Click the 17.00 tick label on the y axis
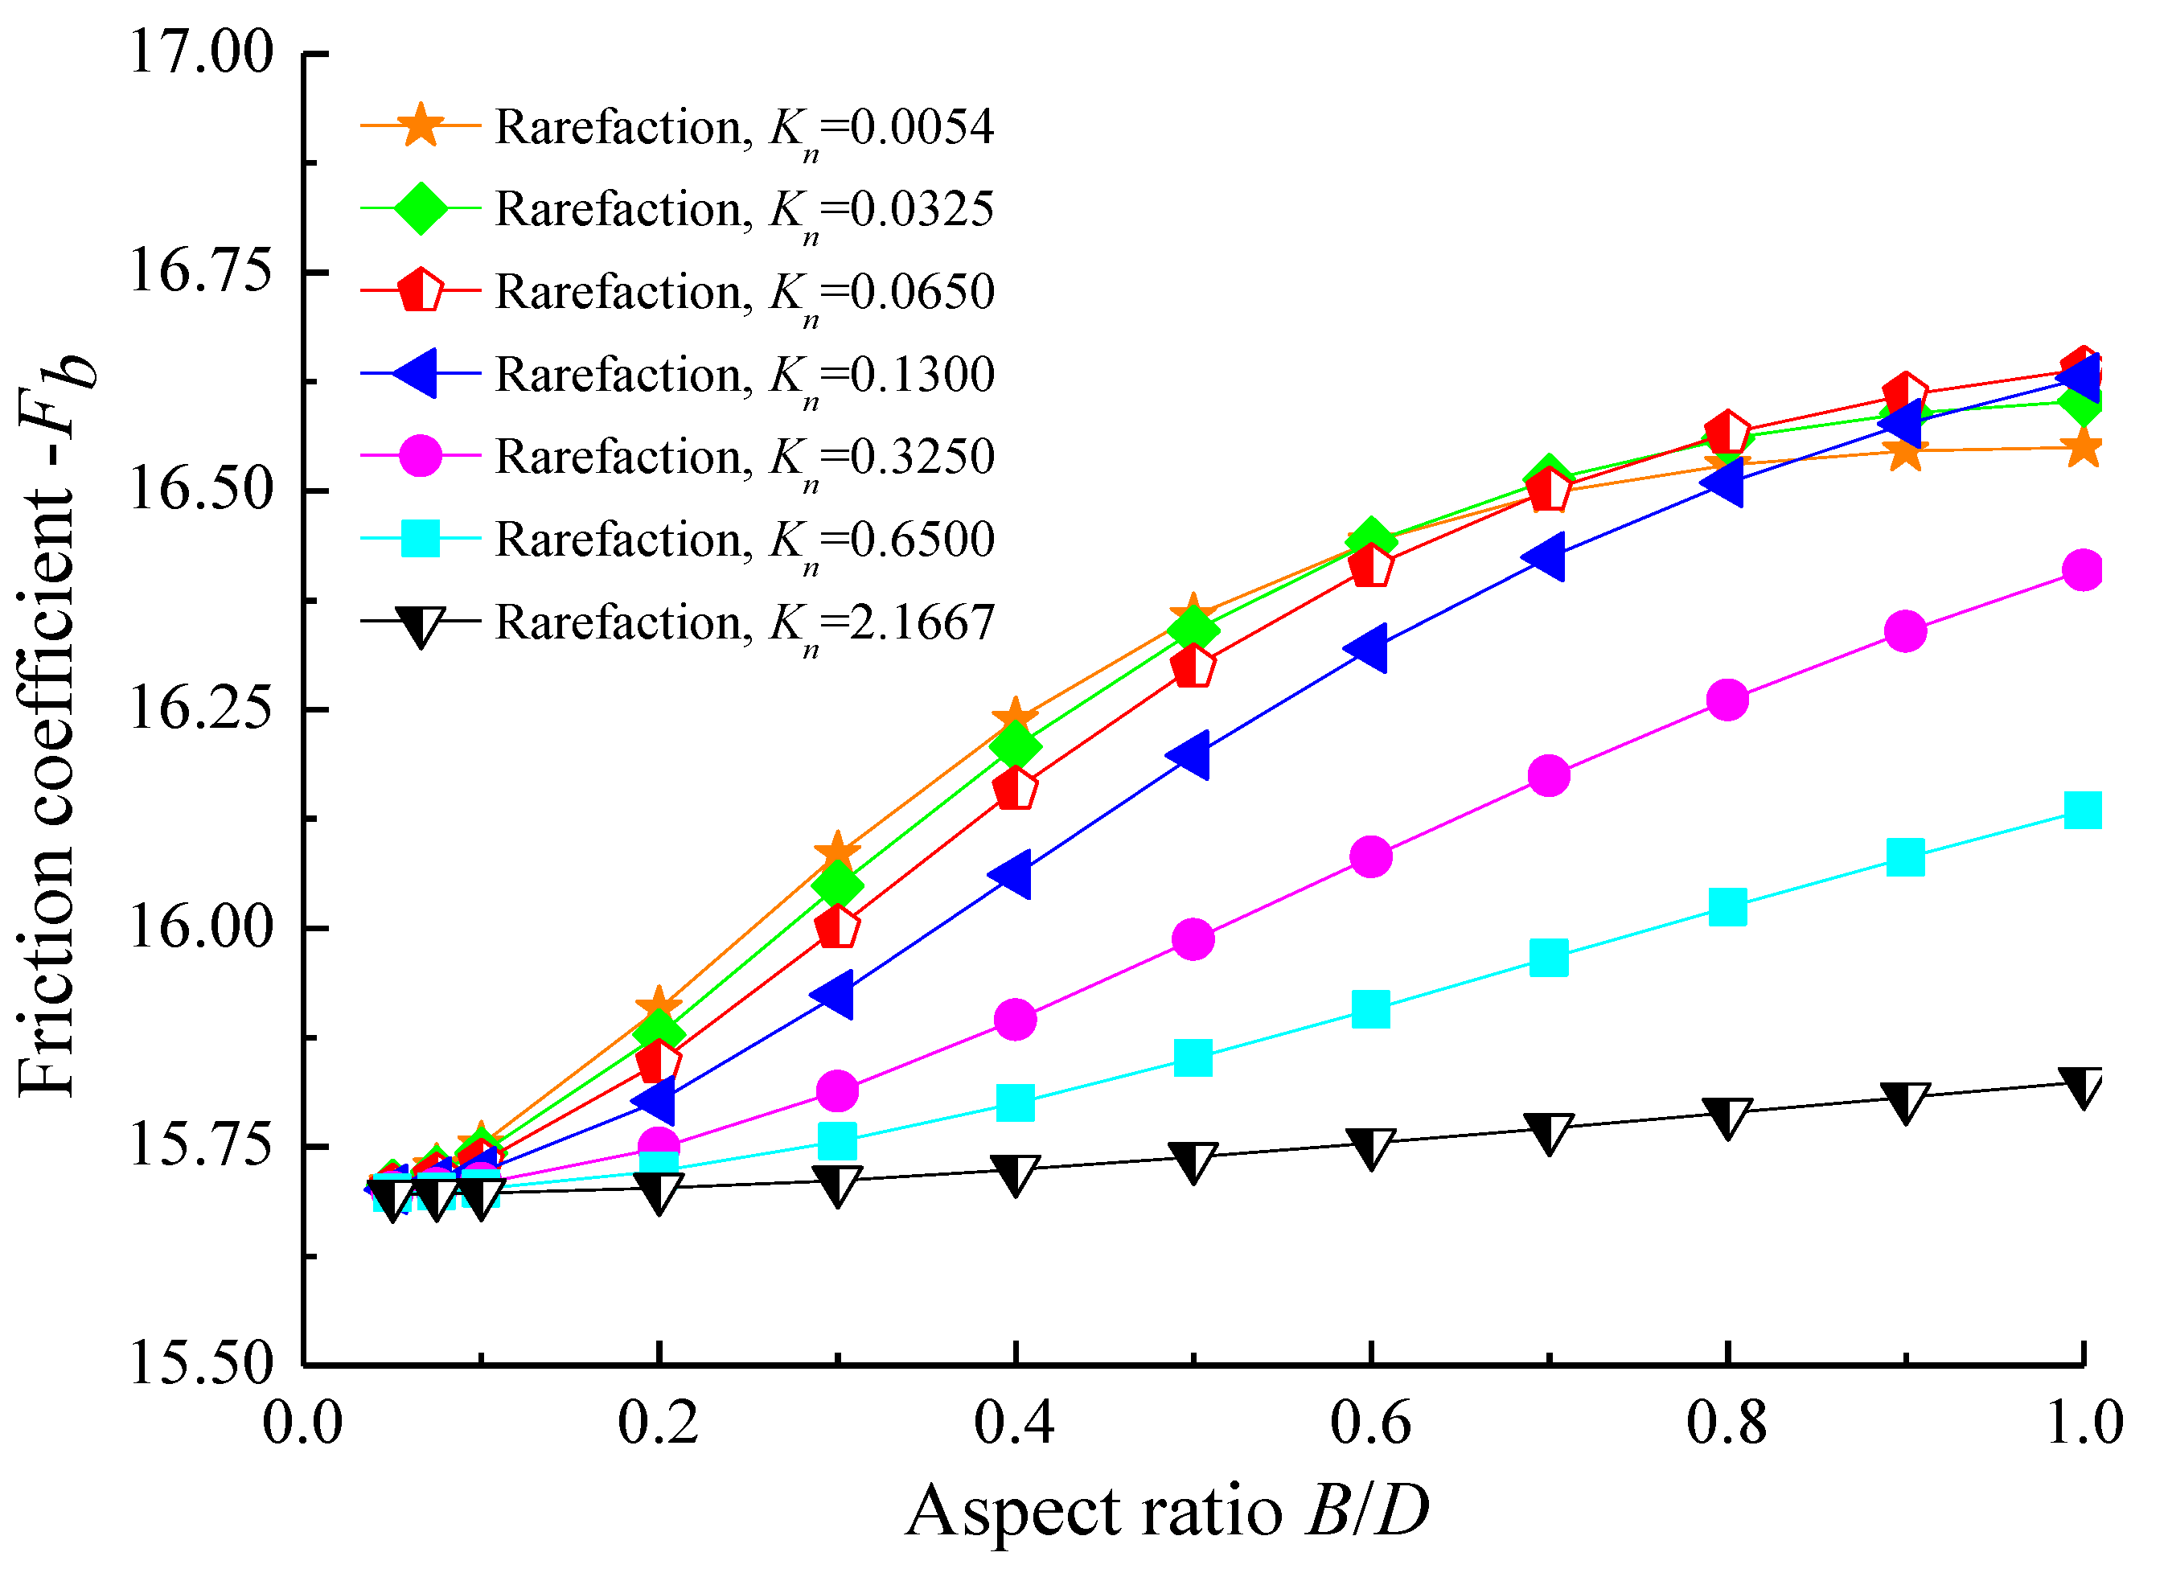click(201, 52)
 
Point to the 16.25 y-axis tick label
click(201, 709)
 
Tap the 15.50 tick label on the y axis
click(201, 1364)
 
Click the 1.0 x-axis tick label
click(2083, 1423)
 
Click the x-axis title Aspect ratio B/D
click(1168, 1512)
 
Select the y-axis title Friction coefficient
click(52, 726)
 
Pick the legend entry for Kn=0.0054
click(744, 127)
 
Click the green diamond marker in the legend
click(421, 207)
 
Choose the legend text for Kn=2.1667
click(744, 623)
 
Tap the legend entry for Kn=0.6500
click(744, 540)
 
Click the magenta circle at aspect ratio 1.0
click(2083, 571)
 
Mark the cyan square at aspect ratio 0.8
click(1727, 906)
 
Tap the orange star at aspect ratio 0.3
click(837, 851)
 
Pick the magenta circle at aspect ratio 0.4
click(1015, 1020)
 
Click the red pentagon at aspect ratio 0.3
click(837, 926)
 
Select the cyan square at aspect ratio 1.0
click(2083, 811)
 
